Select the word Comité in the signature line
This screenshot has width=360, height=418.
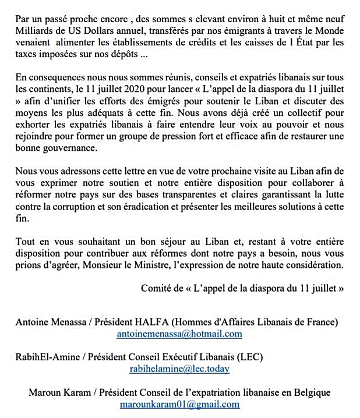(x=157, y=288)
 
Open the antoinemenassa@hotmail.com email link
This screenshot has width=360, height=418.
(x=179, y=334)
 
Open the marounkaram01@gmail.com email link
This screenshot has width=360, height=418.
(x=179, y=403)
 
